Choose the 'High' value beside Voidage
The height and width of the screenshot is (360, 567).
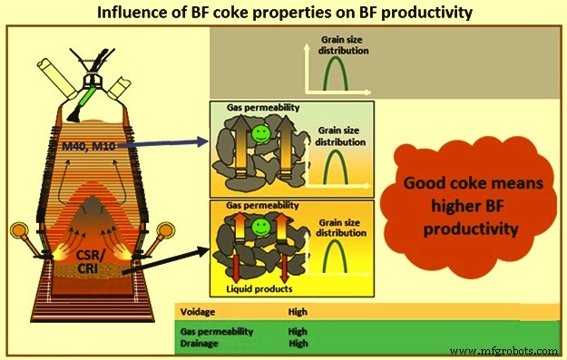[x=298, y=312]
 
